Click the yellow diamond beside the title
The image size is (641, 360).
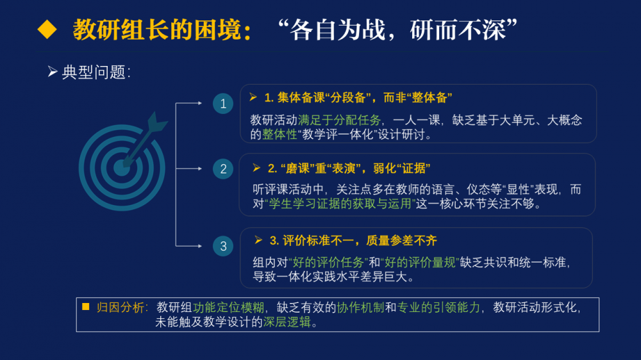47,30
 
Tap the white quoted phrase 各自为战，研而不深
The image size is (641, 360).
398,30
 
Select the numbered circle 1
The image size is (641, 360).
223,103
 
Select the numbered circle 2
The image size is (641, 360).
223,168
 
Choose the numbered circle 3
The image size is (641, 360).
223,246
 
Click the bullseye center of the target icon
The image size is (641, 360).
121,168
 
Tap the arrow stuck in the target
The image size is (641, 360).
145,139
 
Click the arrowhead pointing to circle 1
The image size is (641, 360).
200,103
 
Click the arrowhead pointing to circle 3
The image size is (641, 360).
200,246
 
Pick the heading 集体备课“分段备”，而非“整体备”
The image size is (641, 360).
358,97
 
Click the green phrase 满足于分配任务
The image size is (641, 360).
339,120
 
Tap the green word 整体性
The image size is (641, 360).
279,135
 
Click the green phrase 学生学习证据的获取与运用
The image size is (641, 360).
340,204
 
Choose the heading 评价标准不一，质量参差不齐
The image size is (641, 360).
353,241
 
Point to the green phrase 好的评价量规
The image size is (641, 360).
420,263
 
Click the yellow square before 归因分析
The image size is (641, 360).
85,306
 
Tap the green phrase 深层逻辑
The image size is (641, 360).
287,322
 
